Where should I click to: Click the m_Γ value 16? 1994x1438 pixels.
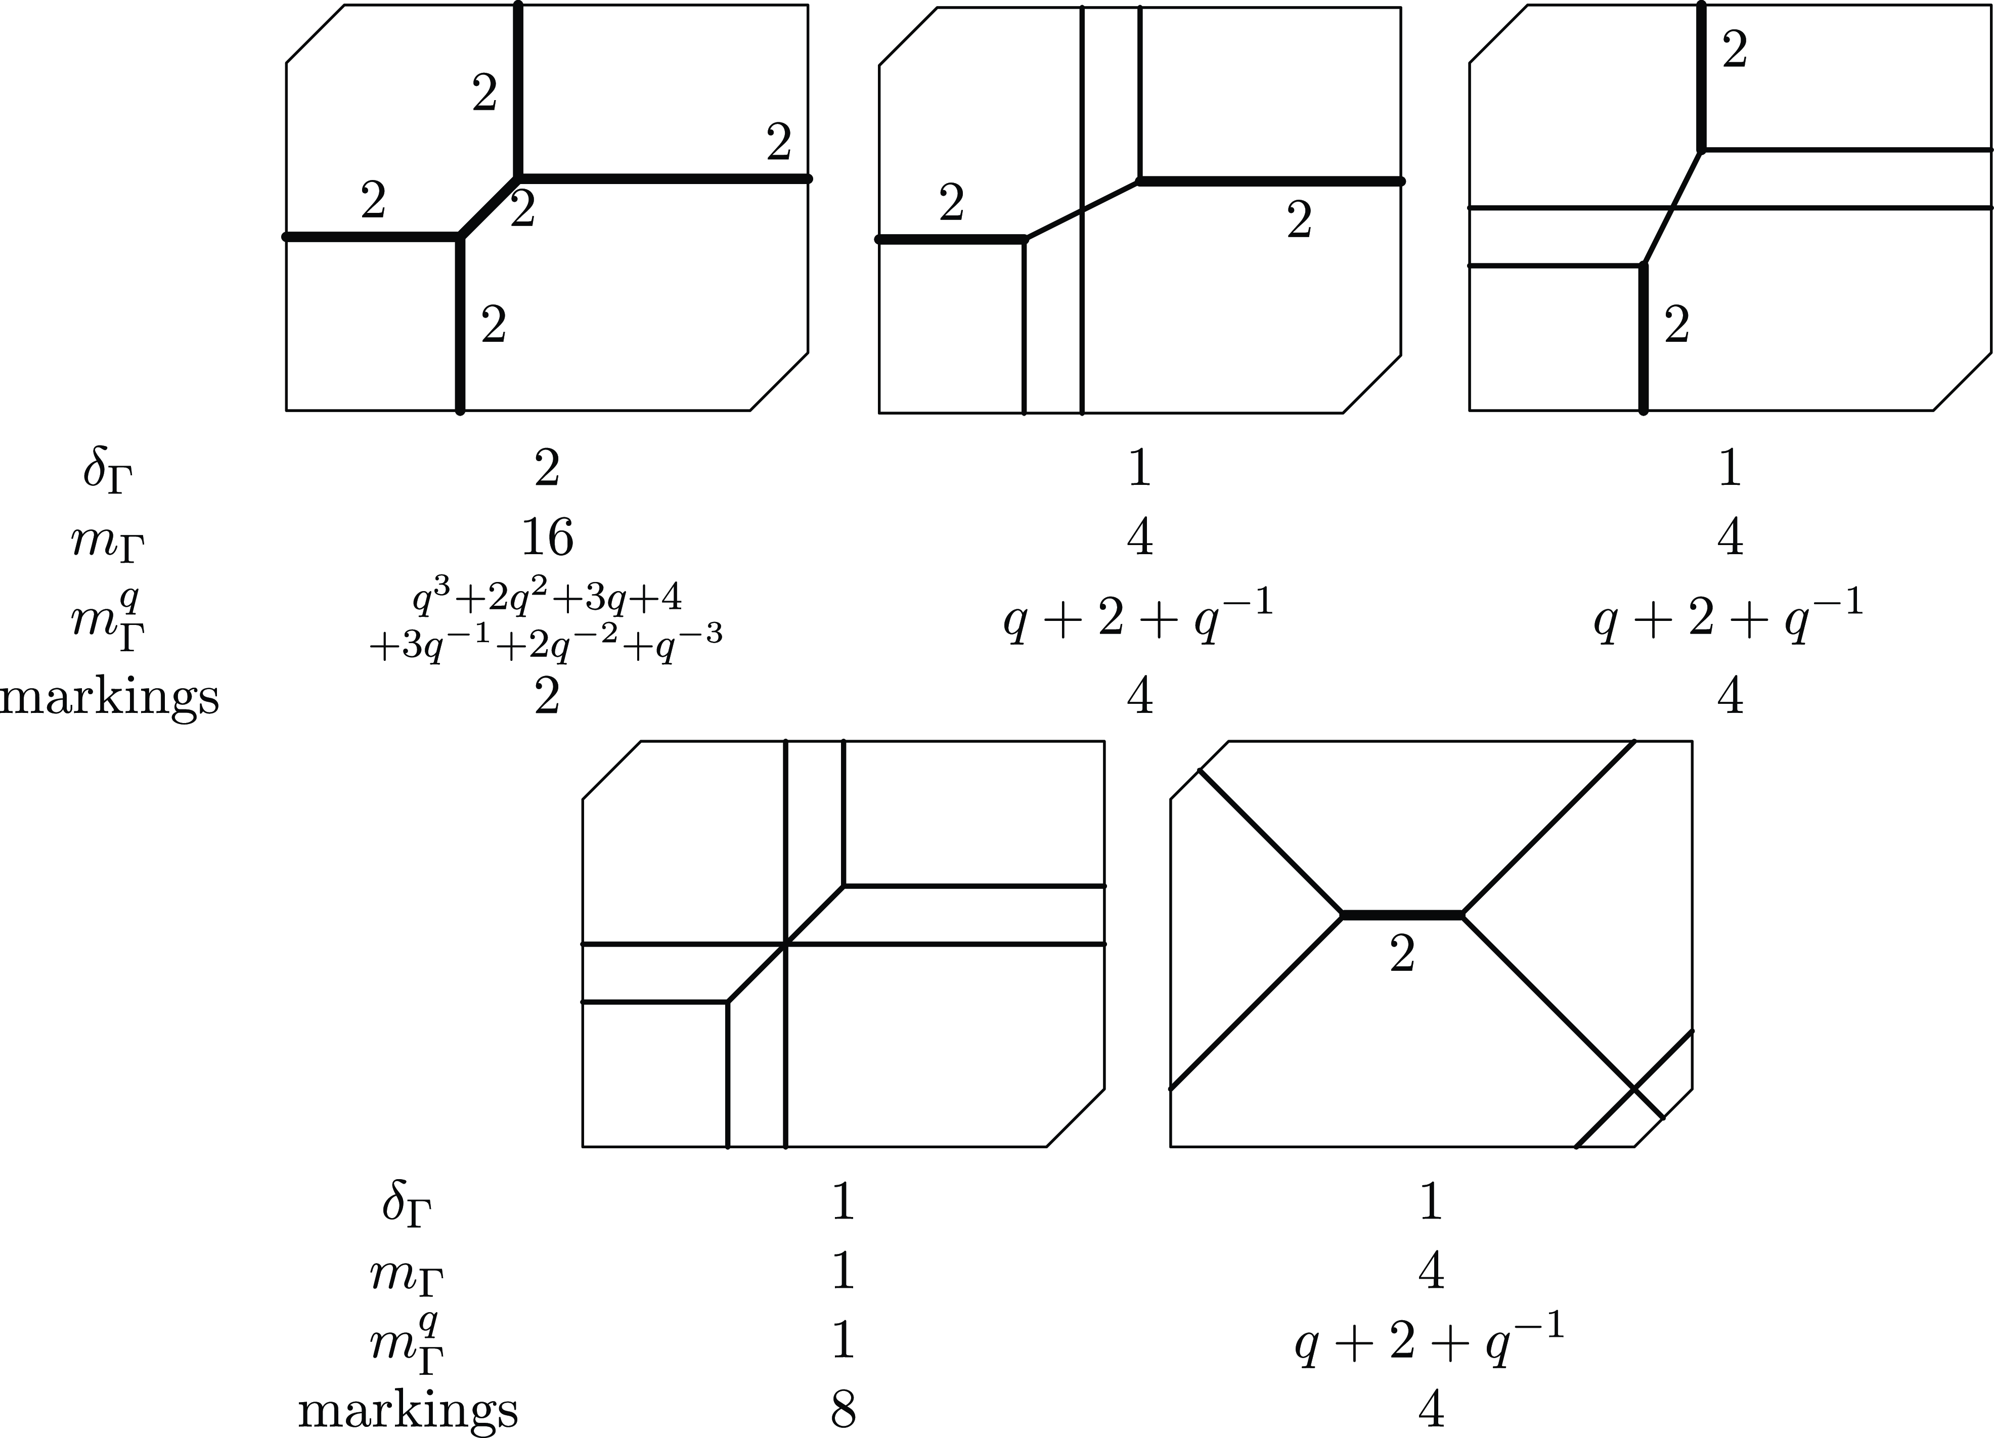(x=547, y=537)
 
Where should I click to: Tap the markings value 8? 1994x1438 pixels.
(x=843, y=1409)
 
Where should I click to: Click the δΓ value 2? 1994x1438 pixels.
(x=546, y=469)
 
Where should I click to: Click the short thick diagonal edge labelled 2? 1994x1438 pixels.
(x=489, y=207)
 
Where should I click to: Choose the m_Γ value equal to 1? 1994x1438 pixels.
(x=843, y=1271)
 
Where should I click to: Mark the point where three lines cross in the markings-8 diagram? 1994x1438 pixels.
(x=785, y=944)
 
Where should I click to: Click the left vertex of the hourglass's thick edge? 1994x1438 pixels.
(x=1343, y=916)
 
